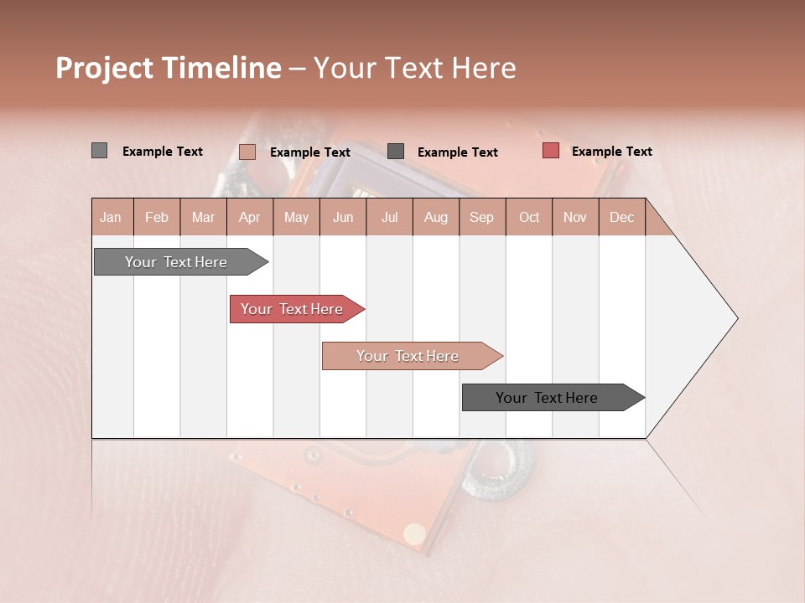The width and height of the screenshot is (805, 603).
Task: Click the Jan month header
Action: [111, 217]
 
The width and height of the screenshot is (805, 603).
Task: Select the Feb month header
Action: [157, 217]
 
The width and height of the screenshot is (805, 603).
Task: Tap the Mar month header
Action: [203, 217]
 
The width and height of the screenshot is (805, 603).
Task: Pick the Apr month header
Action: [249, 217]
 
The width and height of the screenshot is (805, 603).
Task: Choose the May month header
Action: [296, 217]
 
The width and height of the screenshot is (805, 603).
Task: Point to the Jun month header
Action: [343, 217]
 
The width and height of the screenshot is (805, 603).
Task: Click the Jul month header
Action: [389, 217]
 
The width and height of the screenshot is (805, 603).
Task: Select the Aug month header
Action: [435, 217]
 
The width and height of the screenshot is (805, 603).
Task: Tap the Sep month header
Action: [481, 217]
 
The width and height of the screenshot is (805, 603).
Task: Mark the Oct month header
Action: [529, 217]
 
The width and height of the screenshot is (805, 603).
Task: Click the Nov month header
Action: [575, 217]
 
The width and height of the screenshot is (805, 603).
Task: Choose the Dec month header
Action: [621, 217]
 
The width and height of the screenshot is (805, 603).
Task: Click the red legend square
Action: [550, 151]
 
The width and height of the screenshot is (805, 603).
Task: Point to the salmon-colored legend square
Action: [247, 152]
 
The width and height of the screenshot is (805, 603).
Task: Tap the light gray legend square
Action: [99, 151]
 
